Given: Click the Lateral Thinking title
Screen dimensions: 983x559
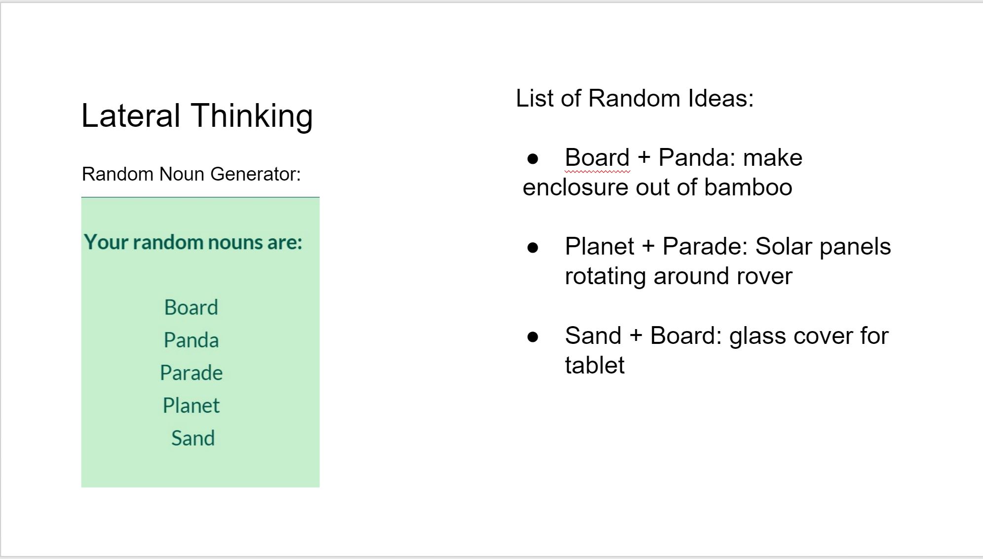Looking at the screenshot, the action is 197,116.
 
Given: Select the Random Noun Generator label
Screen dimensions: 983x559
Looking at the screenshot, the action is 191,174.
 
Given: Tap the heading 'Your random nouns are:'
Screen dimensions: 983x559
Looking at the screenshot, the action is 193,242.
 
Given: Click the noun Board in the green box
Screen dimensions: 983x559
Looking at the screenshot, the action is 191,307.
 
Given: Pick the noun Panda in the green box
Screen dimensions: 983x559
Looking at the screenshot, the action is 191,340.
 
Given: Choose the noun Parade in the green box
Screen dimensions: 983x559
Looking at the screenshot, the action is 191,373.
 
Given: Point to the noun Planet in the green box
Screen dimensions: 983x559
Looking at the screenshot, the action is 191,406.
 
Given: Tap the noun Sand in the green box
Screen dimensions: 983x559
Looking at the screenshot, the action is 193,438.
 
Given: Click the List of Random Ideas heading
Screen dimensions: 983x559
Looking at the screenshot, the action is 635,98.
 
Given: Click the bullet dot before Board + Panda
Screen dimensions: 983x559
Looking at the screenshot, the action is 533,159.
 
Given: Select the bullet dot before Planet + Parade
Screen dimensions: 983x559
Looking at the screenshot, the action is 533,248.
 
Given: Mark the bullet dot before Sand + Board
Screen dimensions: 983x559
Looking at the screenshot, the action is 533,337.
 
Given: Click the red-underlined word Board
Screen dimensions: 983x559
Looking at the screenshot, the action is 597,158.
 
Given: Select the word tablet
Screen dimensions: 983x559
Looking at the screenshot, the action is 595,366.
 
